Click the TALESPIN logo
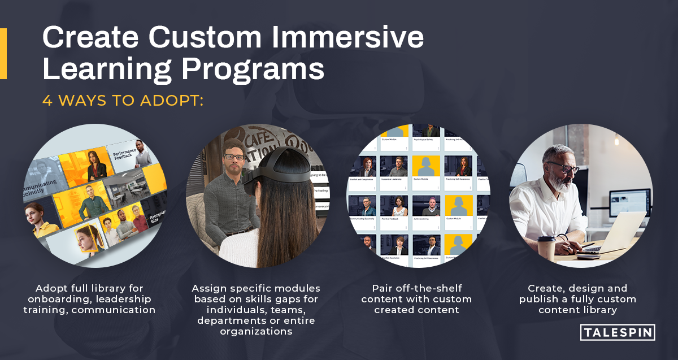point(617,332)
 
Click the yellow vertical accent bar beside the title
point(3,54)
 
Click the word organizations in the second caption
point(256,332)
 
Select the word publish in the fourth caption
point(541,299)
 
